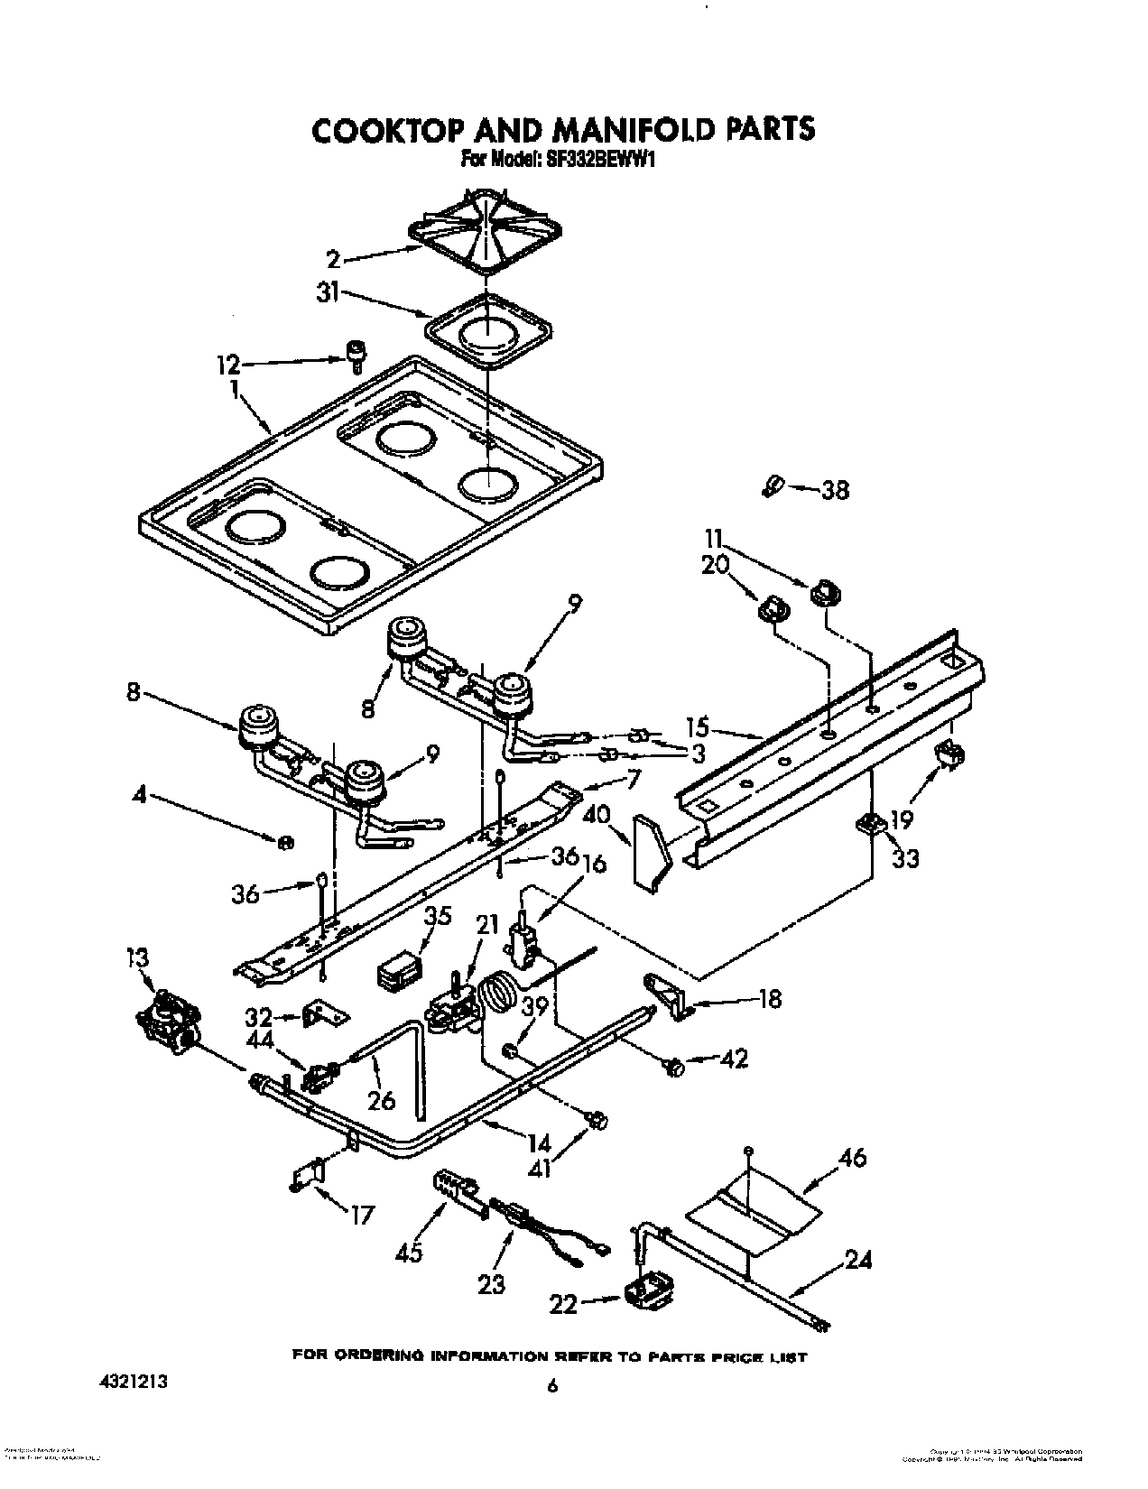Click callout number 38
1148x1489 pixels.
pos(835,491)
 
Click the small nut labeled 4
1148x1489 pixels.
pos(284,842)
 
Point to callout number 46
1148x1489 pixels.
pos(852,1158)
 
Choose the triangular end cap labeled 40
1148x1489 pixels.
pos(652,851)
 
